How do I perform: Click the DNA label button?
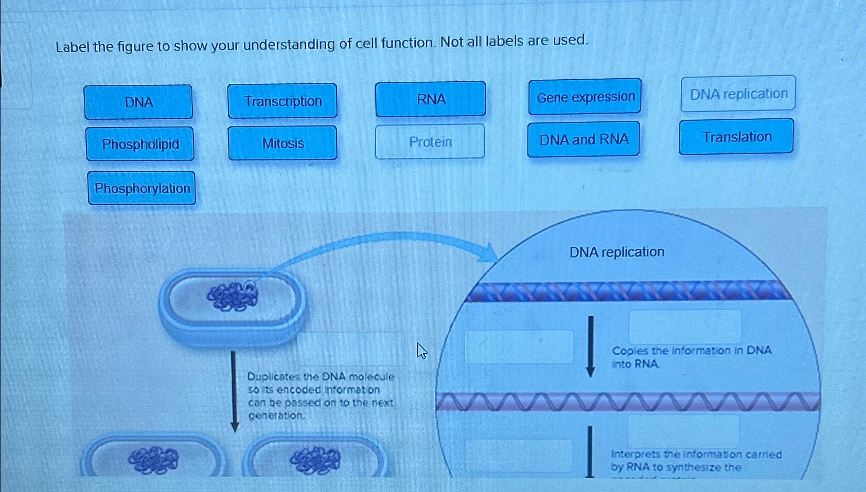tap(138, 102)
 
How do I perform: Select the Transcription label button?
tap(282, 101)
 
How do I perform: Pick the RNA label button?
tap(431, 99)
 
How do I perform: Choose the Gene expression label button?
tap(585, 97)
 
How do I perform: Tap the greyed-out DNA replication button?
tap(738, 94)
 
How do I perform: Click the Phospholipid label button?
tap(140, 144)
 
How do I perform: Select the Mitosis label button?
tap(282, 143)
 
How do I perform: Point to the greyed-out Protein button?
tap(430, 141)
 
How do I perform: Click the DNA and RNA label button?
tap(584, 139)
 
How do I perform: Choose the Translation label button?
tap(736, 137)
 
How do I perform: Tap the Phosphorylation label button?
tap(142, 188)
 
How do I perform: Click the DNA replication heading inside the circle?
tap(616, 252)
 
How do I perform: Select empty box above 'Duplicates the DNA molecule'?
tap(351, 349)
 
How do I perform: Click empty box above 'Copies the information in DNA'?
tap(685, 326)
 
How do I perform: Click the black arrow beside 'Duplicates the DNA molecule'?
tap(234, 391)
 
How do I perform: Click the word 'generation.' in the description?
tap(276, 415)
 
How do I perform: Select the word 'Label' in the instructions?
tap(73, 47)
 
